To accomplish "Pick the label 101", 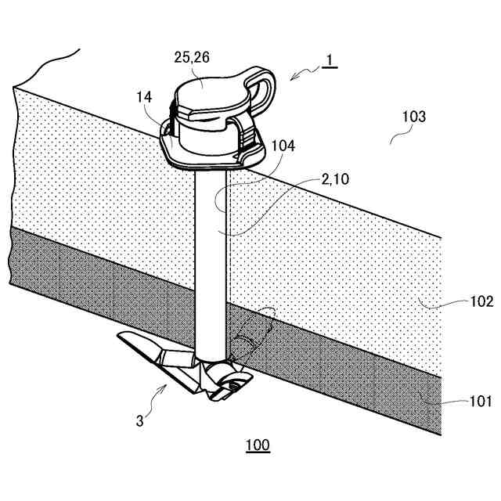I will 480,402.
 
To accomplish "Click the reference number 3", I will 139,420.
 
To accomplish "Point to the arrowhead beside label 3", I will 165,386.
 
